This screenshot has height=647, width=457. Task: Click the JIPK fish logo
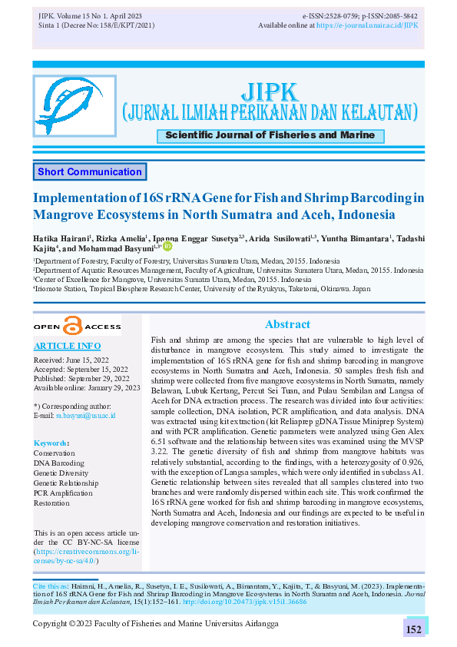[x=75, y=106]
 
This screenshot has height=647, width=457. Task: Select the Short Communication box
[x=89, y=172]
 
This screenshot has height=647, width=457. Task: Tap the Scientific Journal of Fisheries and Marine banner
[x=270, y=135]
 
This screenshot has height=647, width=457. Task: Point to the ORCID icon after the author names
[x=167, y=247]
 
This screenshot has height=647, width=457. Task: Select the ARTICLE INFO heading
[x=67, y=346]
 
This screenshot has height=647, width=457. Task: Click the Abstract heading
[x=287, y=324]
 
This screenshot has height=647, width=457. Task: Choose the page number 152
[x=414, y=629]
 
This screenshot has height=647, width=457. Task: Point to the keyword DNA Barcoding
[x=59, y=463]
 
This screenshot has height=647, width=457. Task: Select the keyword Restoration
[x=51, y=503]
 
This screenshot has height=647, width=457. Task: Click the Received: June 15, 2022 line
[x=71, y=359]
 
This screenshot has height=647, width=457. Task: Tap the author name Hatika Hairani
[x=62, y=238]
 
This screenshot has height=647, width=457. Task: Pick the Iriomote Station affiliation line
[x=202, y=289]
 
